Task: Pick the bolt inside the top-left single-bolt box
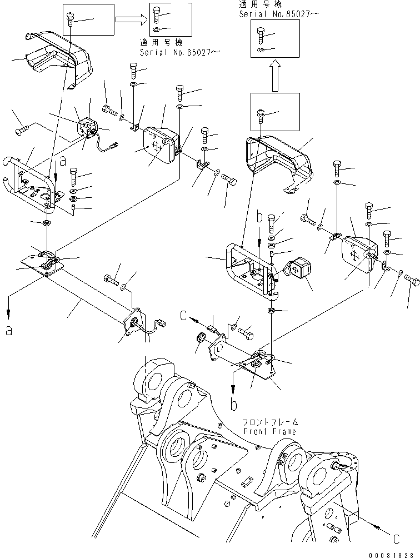click(71, 19)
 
